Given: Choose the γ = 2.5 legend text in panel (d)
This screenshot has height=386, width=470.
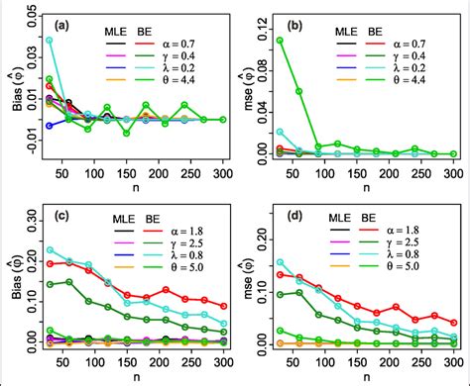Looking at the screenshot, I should click(416, 241).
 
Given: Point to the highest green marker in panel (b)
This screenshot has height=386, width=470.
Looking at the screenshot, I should click(279, 41).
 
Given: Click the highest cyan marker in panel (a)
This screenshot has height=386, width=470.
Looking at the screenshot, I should click(50, 41).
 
